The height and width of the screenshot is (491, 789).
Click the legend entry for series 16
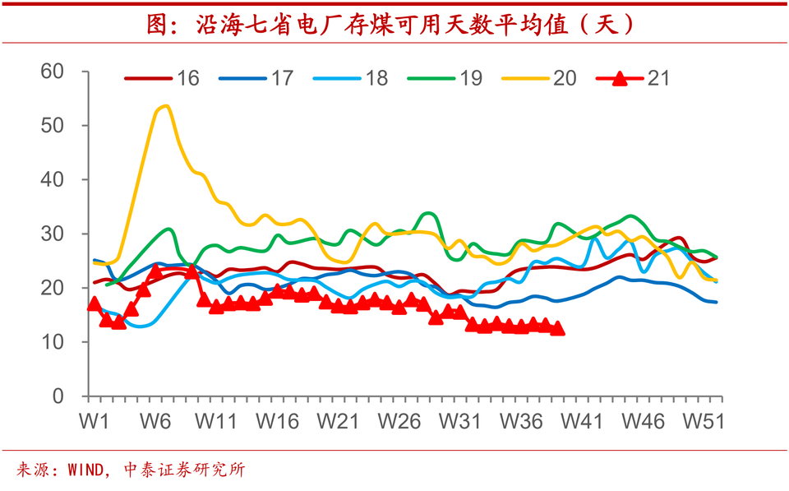pos(163,79)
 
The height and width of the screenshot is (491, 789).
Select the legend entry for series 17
pos(257,79)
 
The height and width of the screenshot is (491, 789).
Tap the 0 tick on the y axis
pos(58,396)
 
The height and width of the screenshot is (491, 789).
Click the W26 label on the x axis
pos(399,421)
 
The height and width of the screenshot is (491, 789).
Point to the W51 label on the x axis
pos(704,421)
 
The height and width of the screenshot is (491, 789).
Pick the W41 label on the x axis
pos(582,421)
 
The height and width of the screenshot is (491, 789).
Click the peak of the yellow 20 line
pos(165,105)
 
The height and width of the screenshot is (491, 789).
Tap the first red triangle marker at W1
pos(94,304)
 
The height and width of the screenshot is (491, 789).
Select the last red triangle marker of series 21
pos(557,328)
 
